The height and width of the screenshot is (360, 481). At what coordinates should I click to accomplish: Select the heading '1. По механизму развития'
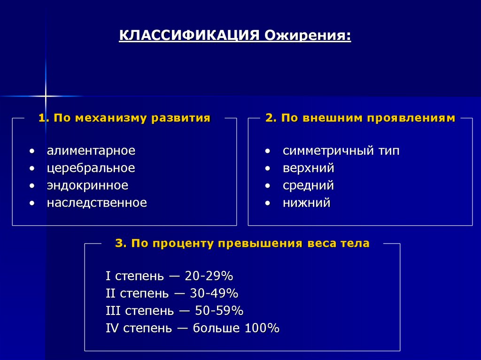tap(124, 118)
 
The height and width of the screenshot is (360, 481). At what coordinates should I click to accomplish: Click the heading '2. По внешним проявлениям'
tap(360, 118)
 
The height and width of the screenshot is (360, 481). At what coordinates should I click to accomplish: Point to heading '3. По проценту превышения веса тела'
tap(242, 243)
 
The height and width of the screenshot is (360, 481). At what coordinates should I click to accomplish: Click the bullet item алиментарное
tap(91, 151)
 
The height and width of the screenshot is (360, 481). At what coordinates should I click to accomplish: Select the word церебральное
tap(91, 168)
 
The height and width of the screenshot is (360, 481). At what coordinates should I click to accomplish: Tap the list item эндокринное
tap(87, 185)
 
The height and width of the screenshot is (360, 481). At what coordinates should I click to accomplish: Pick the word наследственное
tap(97, 203)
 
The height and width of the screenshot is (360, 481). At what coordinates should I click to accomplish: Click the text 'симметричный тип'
tap(341, 151)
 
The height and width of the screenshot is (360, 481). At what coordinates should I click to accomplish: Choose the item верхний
tap(308, 168)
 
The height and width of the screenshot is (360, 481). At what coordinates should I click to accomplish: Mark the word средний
tap(308, 185)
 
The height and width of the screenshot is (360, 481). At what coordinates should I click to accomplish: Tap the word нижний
tap(306, 203)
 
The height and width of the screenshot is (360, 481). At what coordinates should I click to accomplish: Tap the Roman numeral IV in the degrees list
tap(112, 328)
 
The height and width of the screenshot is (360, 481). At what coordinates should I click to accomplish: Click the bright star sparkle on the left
tap(46, 96)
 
